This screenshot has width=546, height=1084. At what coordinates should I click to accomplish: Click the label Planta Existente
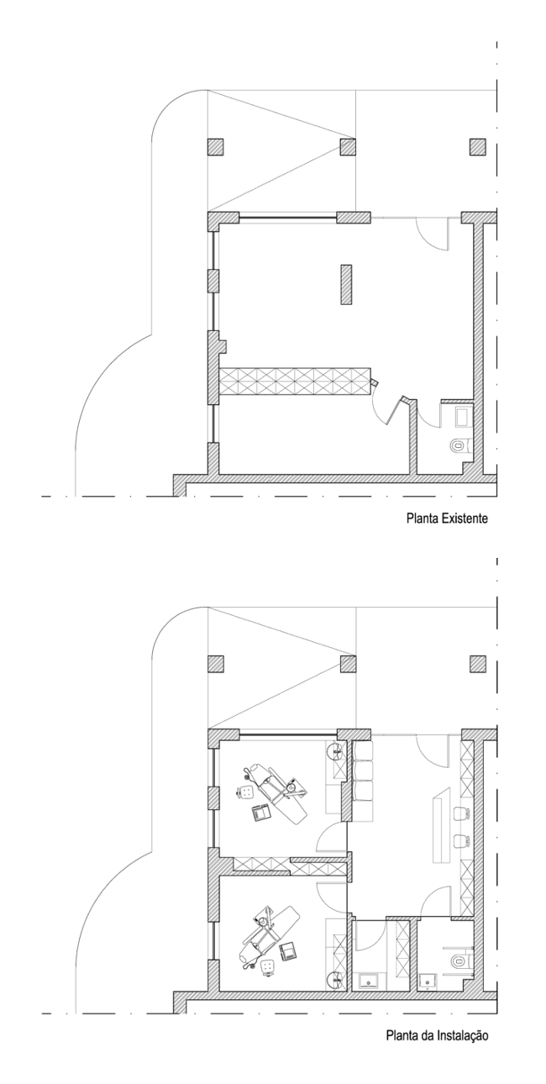tap(446, 519)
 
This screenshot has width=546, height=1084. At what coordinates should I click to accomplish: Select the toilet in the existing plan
tap(459, 445)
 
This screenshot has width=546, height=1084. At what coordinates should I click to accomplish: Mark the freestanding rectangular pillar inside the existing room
tap(345, 284)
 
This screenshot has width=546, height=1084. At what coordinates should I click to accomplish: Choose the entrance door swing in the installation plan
tap(433, 750)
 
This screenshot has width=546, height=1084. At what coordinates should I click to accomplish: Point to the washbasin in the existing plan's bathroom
tap(463, 416)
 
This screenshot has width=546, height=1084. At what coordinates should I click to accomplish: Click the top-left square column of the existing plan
tap(215, 146)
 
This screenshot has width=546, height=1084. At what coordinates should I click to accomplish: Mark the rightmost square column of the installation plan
tap(478, 664)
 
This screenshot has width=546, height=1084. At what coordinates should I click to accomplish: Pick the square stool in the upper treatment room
tap(246, 792)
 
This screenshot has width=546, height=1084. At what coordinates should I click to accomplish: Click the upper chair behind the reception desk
tap(463, 813)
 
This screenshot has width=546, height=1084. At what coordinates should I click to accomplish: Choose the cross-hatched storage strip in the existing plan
tap(294, 382)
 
